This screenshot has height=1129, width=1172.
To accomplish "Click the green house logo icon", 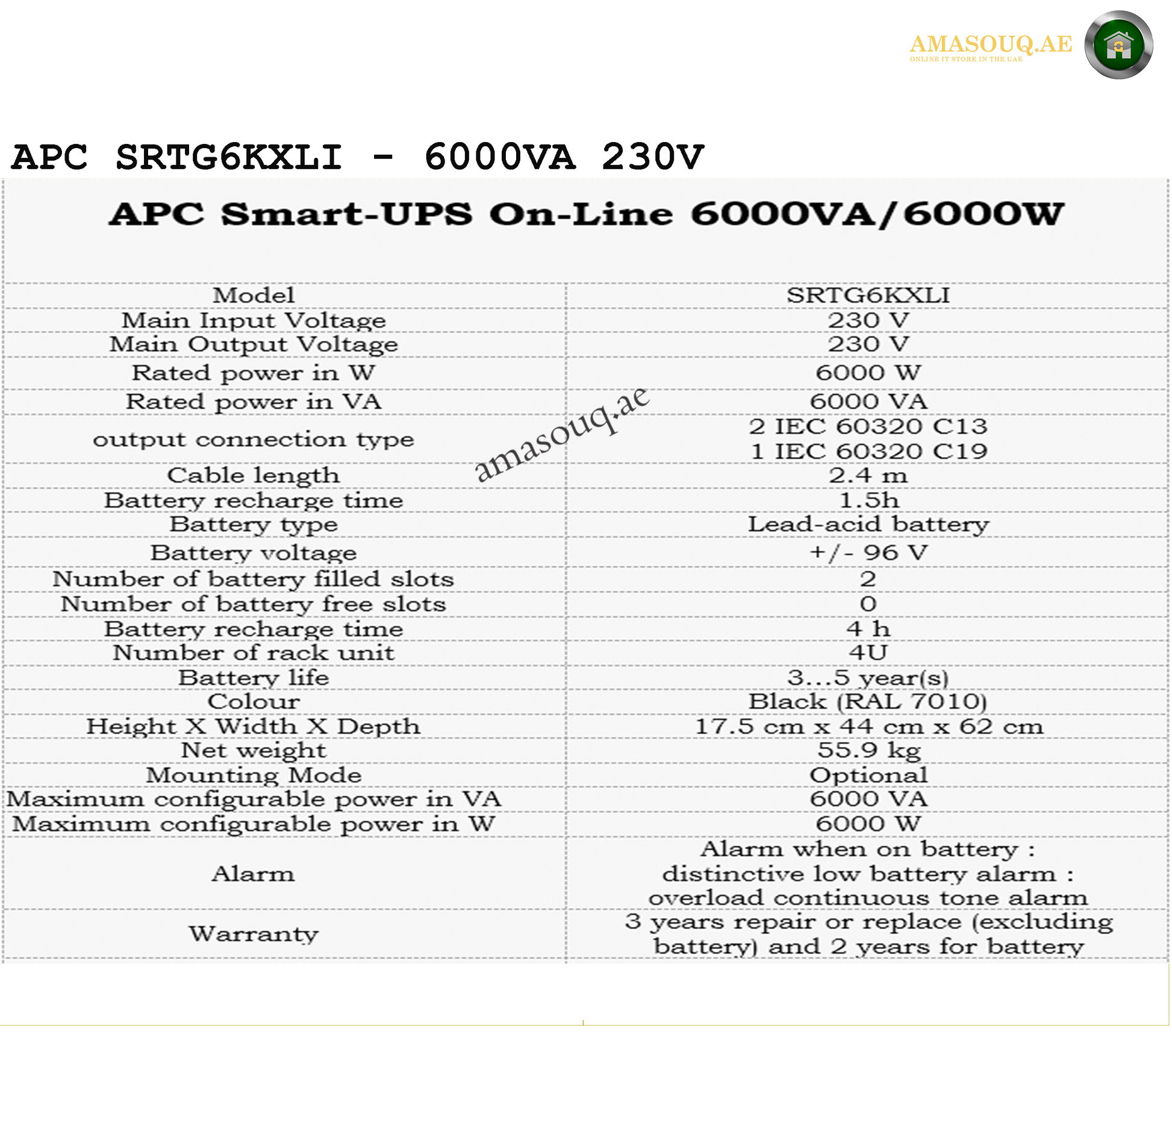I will [x=1118, y=45].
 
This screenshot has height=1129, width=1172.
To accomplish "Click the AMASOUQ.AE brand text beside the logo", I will [x=990, y=44].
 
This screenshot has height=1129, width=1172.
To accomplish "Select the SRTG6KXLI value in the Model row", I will [x=868, y=295].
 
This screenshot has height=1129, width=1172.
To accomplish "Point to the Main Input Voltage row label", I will [x=254, y=320].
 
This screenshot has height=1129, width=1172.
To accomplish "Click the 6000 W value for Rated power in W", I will [x=868, y=373].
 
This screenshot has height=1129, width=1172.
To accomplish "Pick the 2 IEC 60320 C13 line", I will [x=868, y=426].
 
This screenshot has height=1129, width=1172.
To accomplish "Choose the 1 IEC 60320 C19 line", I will [x=868, y=451].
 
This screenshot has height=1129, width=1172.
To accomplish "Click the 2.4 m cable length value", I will [x=868, y=475].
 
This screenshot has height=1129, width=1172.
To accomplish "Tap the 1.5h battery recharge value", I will [x=868, y=500].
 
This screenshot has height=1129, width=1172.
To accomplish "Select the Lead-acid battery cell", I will [x=868, y=524].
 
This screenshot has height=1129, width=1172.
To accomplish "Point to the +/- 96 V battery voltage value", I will [x=868, y=552].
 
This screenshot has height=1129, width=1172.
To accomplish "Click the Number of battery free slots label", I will [x=254, y=603].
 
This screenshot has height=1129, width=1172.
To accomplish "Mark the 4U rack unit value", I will [x=868, y=652].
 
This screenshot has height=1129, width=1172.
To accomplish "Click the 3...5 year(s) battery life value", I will [x=868, y=677].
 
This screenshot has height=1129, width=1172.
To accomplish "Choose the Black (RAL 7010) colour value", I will [x=868, y=701].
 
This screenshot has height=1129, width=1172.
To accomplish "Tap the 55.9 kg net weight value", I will [x=868, y=750].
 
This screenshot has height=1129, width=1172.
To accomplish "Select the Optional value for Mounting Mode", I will [x=868, y=775].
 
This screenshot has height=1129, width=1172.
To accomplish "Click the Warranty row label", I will [x=254, y=933].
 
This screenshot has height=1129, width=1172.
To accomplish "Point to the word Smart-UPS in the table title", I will [x=346, y=214].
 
